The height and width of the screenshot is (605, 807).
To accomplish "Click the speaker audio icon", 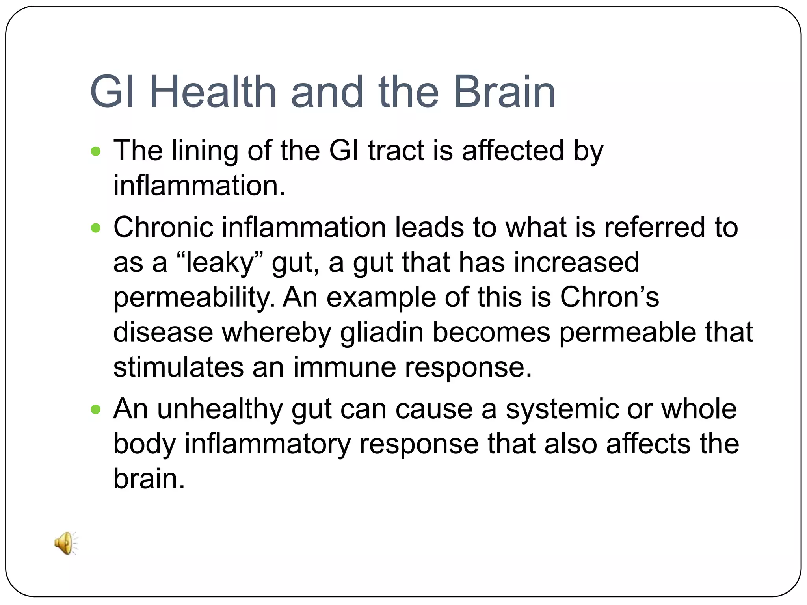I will pyautogui.click(x=66, y=543).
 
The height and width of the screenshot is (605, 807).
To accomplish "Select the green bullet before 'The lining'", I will pyautogui.click(x=96, y=151).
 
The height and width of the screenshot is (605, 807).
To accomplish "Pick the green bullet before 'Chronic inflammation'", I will pyautogui.click(x=96, y=228).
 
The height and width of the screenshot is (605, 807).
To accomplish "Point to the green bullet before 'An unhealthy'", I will pyautogui.click(x=96, y=410).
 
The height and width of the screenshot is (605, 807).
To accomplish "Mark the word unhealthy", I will pyautogui.click(x=220, y=410).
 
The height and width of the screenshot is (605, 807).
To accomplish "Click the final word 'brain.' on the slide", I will pyautogui.click(x=149, y=479).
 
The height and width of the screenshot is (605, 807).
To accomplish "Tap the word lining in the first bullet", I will pyautogui.click(x=205, y=151).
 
